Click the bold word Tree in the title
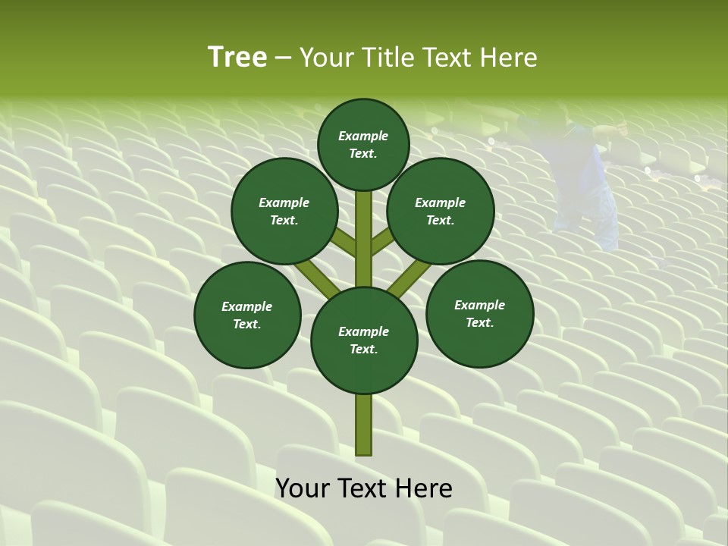click(237, 58)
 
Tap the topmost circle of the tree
click(363, 144)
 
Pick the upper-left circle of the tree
click(284, 211)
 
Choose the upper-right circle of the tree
click(441, 211)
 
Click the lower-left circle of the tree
click(247, 315)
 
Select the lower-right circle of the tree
click(480, 313)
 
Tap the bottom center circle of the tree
click(364, 340)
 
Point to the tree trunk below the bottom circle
click(364, 425)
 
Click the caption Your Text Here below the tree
click(364, 488)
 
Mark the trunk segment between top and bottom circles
click(364, 235)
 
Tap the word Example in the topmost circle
click(363, 136)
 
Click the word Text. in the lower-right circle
click(480, 322)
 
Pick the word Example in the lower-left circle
click(247, 306)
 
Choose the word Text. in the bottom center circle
click(364, 349)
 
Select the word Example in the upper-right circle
click(441, 202)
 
